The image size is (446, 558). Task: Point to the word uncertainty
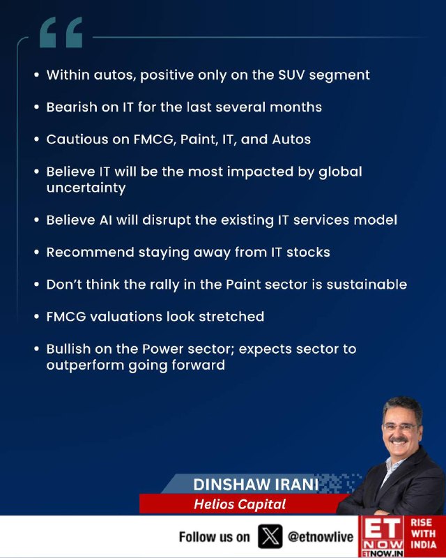(x=86, y=188)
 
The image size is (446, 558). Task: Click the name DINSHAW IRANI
(x=256, y=485)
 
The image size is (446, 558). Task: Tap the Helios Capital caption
(x=240, y=504)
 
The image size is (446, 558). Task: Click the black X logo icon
(x=270, y=536)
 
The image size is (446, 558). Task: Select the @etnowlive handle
(x=321, y=536)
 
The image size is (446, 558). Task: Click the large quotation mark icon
(x=61, y=32)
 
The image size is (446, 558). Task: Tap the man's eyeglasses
(x=401, y=427)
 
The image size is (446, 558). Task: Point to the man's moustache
(x=399, y=440)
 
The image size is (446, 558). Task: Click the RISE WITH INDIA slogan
(x=424, y=534)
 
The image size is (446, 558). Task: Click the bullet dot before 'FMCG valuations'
(x=36, y=317)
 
